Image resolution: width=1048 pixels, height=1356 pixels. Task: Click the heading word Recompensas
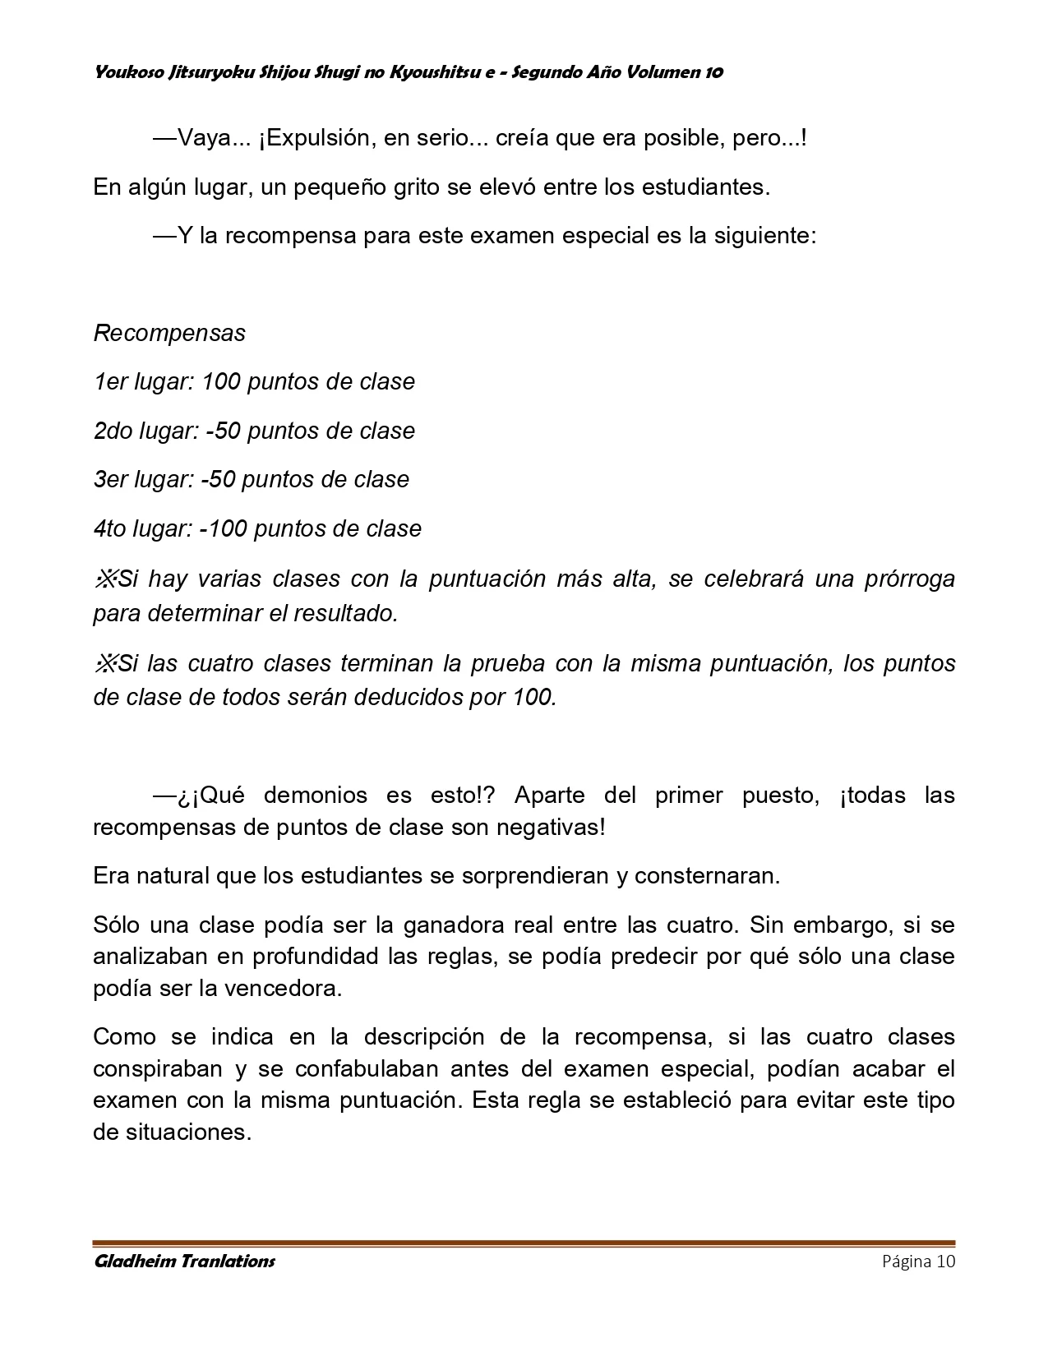pyautogui.click(x=169, y=333)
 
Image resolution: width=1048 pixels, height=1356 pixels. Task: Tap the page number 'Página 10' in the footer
pyautogui.click(x=918, y=1261)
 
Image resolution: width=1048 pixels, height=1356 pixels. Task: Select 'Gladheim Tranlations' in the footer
pyautogui.click(x=184, y=1261)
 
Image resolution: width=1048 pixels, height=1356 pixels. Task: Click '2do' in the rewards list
pyautogui.click(x=113, y=431)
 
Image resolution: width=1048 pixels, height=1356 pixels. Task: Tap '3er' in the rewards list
pyautogui.click(x=111, y=479)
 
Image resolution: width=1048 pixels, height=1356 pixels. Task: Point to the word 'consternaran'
pyautogui.click(x=707, y=875)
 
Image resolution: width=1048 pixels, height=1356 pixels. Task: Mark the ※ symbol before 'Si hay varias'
pyautogui.click(x=105, y=579)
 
